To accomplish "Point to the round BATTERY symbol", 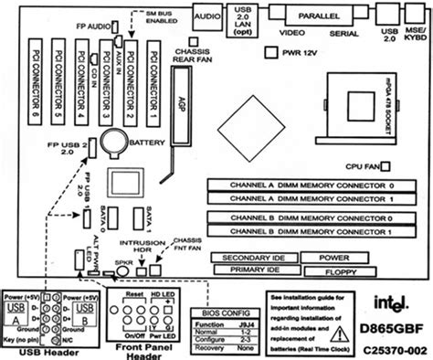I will click(x=116, y=140).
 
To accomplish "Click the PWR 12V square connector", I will click(x=270, y=56).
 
